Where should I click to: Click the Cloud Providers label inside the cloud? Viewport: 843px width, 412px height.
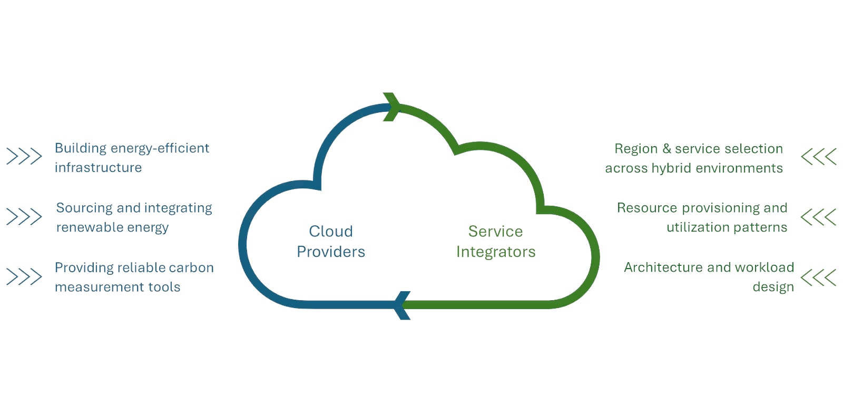coord(331,242)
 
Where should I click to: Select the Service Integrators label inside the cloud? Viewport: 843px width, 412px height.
coord(496,242)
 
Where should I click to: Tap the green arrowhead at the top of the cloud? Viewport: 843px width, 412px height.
coord(392,107)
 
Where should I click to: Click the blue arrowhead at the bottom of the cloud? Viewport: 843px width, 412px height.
coord(403,305)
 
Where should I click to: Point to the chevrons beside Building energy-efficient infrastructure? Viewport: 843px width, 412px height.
coord(24,156)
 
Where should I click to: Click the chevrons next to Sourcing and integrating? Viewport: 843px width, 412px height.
coord(24,216)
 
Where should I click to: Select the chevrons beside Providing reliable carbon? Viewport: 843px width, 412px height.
coord(24,276)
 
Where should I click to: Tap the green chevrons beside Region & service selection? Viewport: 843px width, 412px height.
coord(818,156)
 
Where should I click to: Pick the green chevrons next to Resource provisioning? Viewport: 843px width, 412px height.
coord(818,216)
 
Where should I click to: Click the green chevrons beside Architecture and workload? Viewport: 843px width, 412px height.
coord(818,277)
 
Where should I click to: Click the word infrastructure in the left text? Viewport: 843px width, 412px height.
coord(98,168)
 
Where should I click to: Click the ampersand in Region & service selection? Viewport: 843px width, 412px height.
coord(666,149)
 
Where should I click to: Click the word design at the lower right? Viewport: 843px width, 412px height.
coord(773,288)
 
